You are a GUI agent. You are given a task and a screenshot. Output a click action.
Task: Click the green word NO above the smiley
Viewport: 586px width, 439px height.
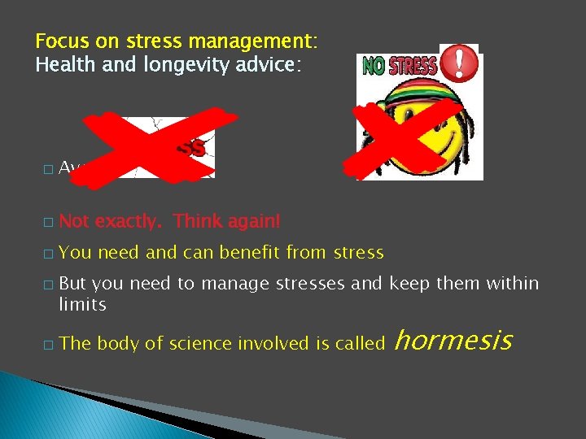[x=374, y=67]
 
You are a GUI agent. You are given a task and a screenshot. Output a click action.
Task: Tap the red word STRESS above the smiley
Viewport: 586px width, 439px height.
[x=412, y=67]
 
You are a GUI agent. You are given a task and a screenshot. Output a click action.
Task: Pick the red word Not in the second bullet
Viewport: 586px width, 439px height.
[x=74, y=220]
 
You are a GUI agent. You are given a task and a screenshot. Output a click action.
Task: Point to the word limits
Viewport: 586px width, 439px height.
[x=82, y=304]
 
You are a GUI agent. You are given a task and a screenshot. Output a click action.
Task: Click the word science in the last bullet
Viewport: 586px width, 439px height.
[x=199, y=344]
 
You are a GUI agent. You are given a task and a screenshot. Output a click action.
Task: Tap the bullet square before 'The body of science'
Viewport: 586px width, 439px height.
[x=47, y=345]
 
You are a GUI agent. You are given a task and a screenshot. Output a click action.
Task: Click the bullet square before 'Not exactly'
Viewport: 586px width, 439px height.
[x=47, y=221]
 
